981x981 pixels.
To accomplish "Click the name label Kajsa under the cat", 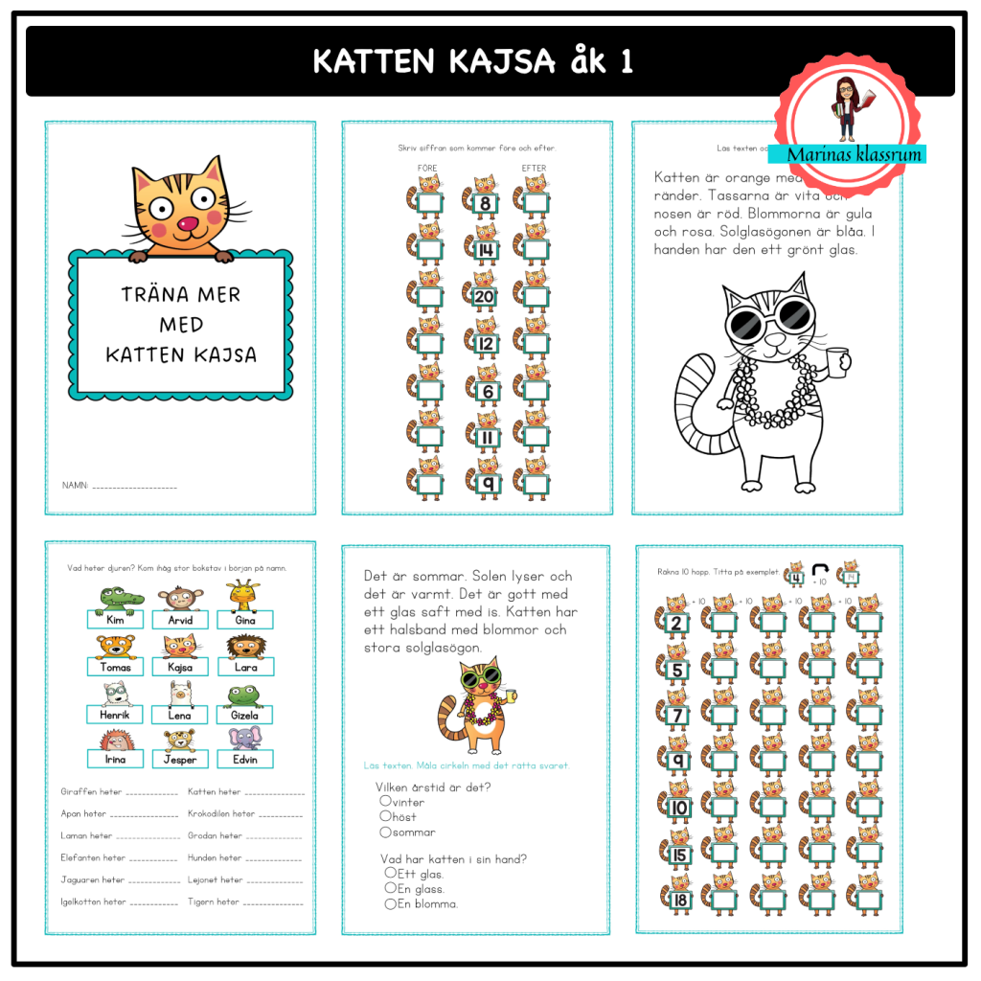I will click(179, 667).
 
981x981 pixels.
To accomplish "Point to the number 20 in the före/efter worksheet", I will click(485, 297).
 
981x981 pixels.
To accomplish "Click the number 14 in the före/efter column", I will click(485, 251).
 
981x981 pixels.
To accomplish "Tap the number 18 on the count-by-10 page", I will click(679, 900).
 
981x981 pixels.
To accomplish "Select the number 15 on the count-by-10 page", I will click(679, 855).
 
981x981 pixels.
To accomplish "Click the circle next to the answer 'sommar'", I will click(386, 832).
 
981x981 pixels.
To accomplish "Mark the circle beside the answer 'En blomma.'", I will click(390, 903).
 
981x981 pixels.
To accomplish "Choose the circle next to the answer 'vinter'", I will click(386, 801).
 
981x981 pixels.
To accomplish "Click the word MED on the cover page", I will click(181, 325).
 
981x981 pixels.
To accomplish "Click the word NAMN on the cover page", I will click(75, 487).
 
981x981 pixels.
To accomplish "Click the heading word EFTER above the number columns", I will click(534, 169).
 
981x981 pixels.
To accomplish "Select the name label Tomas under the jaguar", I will click(115, 667).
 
